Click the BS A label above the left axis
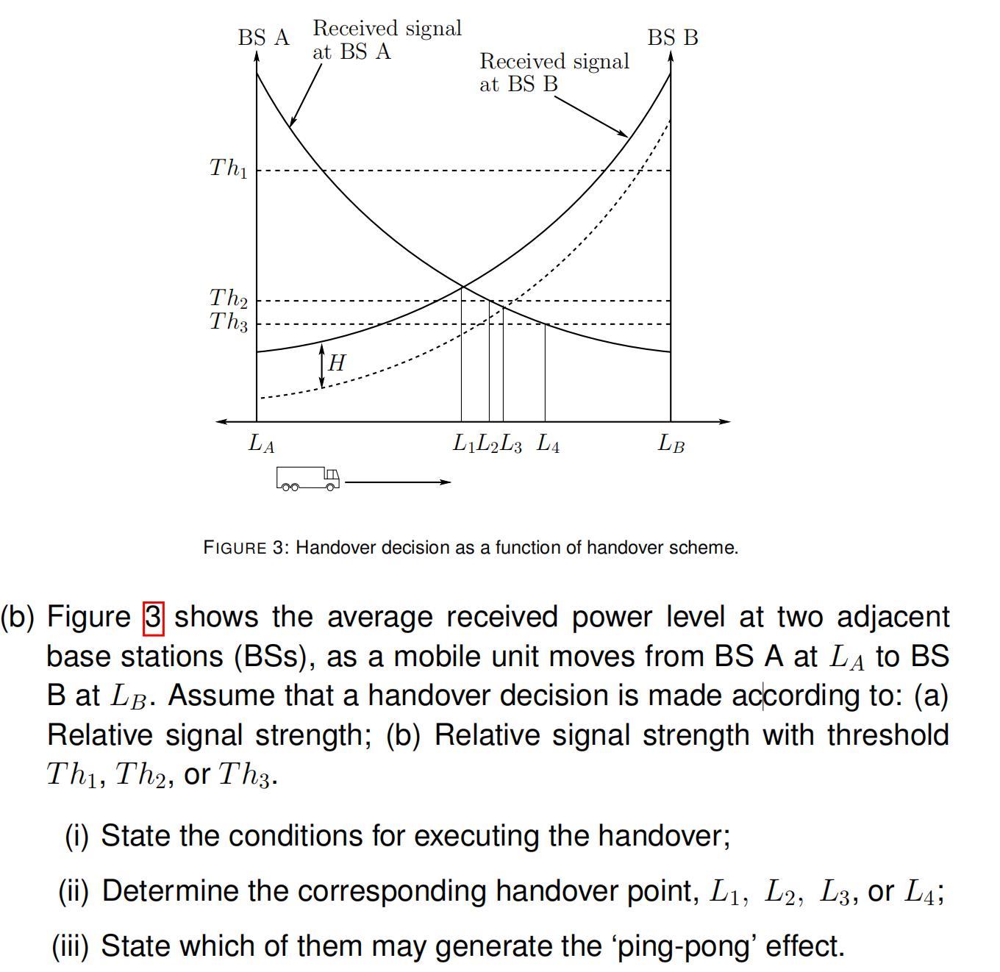click(263, 37)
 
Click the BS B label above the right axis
click(672, 37)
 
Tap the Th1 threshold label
click(229, 168)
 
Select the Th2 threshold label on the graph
click(229, 298)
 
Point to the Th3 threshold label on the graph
click(229, 322)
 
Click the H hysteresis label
click(337, 362)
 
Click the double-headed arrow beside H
click(322, 366)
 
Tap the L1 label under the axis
click(464, 443)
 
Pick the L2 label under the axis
click(488, 443)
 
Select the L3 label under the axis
click(511, 443)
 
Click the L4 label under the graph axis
click(549, 443)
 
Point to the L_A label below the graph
click(262, 443)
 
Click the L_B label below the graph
click(671, 443)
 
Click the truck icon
click(308, 479)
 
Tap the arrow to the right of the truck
click(398, 482)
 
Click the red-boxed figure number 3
click(153, 618)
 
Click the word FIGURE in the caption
click(235, 548)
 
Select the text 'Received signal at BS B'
click(554, 72)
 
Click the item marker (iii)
click(70, 946)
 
